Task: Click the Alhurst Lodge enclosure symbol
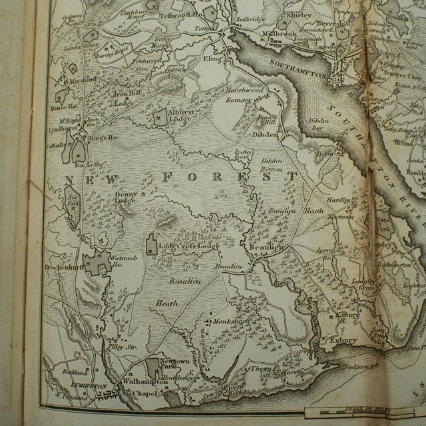[160, 118]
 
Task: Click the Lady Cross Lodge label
[189, 246]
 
